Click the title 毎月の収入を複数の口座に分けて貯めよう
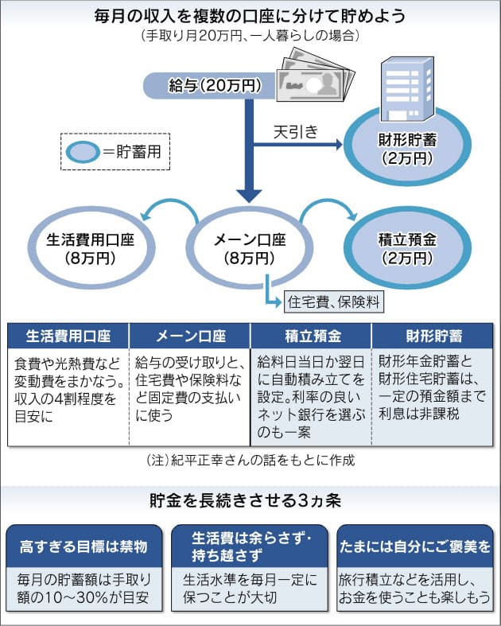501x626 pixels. tap(250, 17)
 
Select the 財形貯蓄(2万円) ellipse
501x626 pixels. tap(406, 148)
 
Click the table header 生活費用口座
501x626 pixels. tap(68, 335)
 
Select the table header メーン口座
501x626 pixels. tap(189, 335)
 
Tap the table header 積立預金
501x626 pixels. tap(311, 335)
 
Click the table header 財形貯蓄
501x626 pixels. tap(430, 335)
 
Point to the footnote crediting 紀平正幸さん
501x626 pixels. tap(250, 460)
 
